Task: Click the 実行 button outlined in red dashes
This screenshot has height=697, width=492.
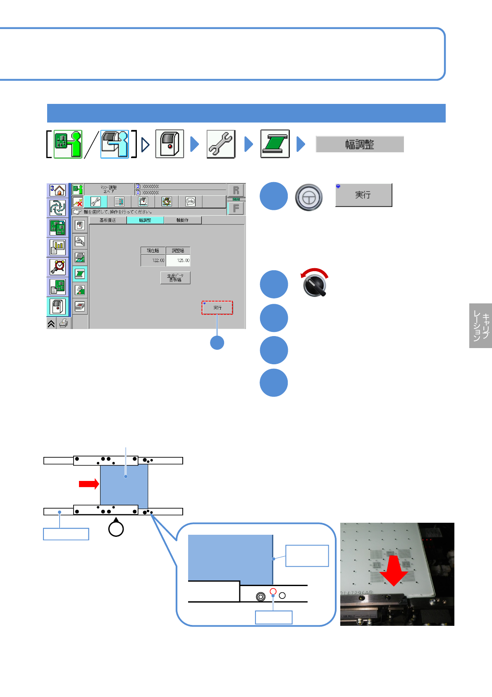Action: click(217, 308)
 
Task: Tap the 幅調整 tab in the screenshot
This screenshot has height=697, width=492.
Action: click(145, 220)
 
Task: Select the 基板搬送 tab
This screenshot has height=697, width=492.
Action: click(108, 220)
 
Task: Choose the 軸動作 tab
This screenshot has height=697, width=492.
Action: click(182, 220)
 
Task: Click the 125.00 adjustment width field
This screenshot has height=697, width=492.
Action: click(178, 260)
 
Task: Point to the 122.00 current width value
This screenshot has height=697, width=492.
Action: click(153, 260)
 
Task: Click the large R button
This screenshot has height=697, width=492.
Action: click(236, 190)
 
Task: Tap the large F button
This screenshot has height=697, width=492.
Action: click(236, 208)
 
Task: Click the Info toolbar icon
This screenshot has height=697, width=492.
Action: click(190, 202)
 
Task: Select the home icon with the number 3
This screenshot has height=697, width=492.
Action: click(58, 190)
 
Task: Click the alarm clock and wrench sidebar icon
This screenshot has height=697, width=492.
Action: click(58, 267)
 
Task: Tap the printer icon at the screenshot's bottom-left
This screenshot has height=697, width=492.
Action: click(63, 324)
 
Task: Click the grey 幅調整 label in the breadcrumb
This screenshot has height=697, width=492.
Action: click(360, 144)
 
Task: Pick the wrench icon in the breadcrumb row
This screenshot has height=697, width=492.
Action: click(221, 144)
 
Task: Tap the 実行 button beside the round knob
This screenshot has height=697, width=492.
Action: click(363, 195)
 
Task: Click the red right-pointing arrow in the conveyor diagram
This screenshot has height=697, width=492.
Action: click(89, 483)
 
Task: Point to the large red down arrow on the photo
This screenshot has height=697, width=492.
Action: click(394, 571)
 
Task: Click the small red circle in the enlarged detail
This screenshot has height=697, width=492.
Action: click(273, 591)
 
